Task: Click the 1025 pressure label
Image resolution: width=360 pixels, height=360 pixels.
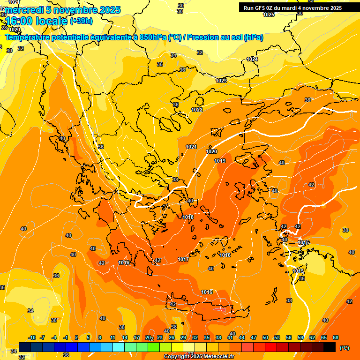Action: pyautogui.click(x=269, y=15)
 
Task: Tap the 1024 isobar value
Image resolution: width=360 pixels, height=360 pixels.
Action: pyautogui.click(x=252, y=59)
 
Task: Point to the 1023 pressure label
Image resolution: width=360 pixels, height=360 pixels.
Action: pyautogui.click(x=221, y=81)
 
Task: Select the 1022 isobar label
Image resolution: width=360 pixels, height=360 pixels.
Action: pyautogui.click(x=197, y=110)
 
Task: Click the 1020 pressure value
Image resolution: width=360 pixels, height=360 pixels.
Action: pyautogui.click(x=211, y=151)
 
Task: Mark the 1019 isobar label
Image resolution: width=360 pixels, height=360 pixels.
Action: pyautogui.click(x=220, y=161)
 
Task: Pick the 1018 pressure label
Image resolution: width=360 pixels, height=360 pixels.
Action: pyautogui.click(x=188, y=217)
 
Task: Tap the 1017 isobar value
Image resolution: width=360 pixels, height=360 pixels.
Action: pyautogui.click(x=183, y=259)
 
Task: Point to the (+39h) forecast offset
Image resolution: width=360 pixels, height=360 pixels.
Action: pyautogui.click(x=81, y=21)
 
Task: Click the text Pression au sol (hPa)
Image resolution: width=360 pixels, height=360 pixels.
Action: pyautogui.click(x=225, y=37)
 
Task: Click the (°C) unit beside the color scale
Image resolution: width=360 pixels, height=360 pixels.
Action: pyautogui.click(x=345, y=347)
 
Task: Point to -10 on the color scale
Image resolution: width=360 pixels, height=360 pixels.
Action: pyautogui.click(x=32, y=337)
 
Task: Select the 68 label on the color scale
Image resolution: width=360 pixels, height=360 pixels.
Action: pyautogui.click(x=336, y=337)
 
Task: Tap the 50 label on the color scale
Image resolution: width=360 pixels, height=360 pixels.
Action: pyautogui.click(x=265, y=337)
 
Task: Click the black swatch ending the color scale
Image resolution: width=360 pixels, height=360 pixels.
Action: pyautogui.click(x=330, y=347)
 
